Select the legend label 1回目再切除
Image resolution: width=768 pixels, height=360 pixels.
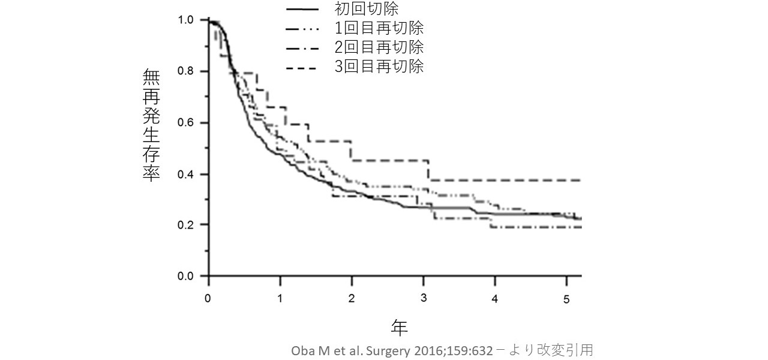[379, 28]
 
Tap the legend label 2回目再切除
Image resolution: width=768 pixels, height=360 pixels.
[379, 47]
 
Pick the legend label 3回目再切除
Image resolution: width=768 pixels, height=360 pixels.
[379, 66]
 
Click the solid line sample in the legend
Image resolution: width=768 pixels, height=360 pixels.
[302, 9]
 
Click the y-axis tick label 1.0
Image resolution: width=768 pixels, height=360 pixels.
[185, 20]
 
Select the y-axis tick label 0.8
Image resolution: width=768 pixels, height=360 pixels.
[185, 71]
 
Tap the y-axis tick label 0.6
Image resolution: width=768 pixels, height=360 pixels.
[185, 123]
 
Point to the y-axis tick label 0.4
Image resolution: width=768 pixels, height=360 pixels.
[185, 175]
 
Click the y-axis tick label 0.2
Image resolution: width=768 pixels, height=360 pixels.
[185, 225]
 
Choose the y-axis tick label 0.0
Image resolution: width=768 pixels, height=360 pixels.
[185, 277]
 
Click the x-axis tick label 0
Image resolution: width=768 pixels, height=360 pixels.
[208, 298]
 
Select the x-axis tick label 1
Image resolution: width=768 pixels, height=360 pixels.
[280, 298]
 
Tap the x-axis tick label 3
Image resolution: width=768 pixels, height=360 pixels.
[423, 298]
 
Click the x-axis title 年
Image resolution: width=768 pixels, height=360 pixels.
[400, 327]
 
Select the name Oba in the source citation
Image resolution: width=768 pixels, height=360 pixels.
[302, 350]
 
